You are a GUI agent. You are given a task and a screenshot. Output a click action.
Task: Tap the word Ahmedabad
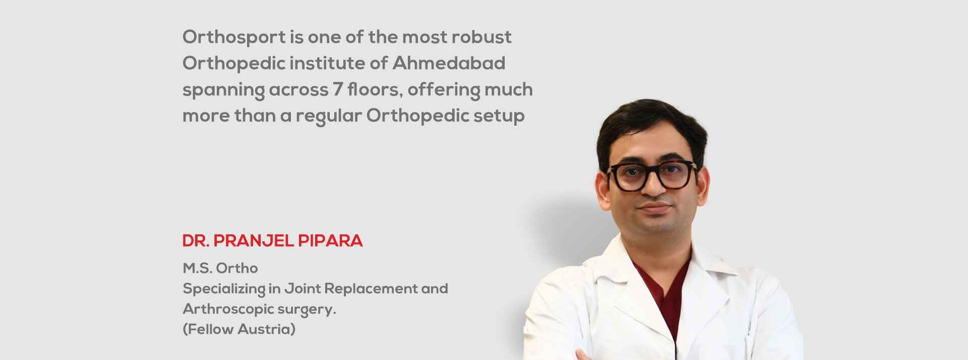449,63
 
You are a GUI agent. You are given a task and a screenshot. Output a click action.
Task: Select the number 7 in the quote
337,89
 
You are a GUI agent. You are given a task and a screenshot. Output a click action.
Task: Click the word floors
375,89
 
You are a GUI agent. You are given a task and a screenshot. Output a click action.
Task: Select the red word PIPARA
330,241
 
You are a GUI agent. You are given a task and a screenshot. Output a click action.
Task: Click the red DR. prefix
196,241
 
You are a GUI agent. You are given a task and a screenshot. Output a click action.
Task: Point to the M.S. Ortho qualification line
220,268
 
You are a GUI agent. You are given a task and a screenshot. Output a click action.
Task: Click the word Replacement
370,289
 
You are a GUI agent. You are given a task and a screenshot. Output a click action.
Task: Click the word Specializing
224,289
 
